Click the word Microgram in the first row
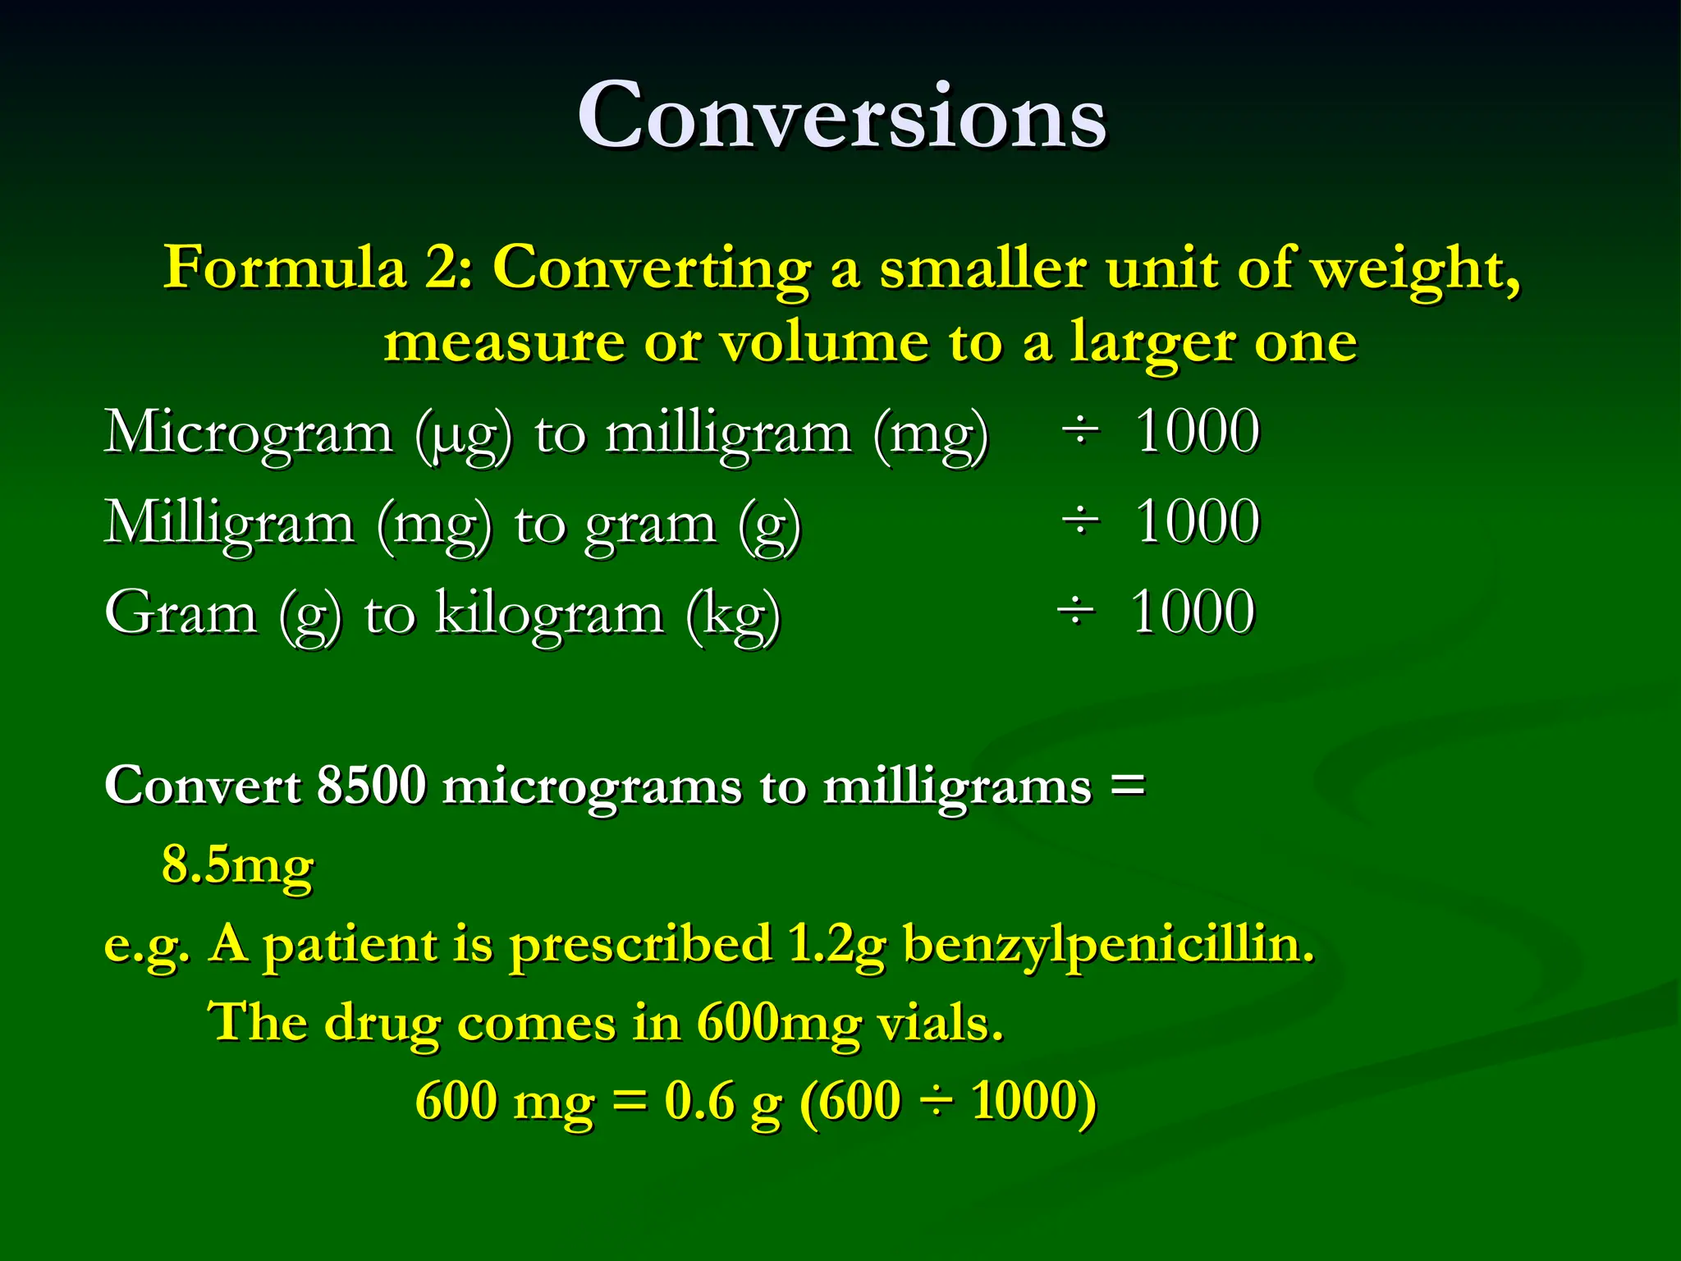(248, 433)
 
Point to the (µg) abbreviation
(463, 435)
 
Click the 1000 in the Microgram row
(1197, 431)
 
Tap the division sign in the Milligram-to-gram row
(1079, 521)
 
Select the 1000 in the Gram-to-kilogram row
(1192, 612)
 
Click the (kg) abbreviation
(733, 616)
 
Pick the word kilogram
(548, 614)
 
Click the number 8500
(371, 785)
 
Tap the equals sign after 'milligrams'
(1127, 783)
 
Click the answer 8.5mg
(237, 865)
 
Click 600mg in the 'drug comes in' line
(779, 1025)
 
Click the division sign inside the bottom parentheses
(936, 1102)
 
